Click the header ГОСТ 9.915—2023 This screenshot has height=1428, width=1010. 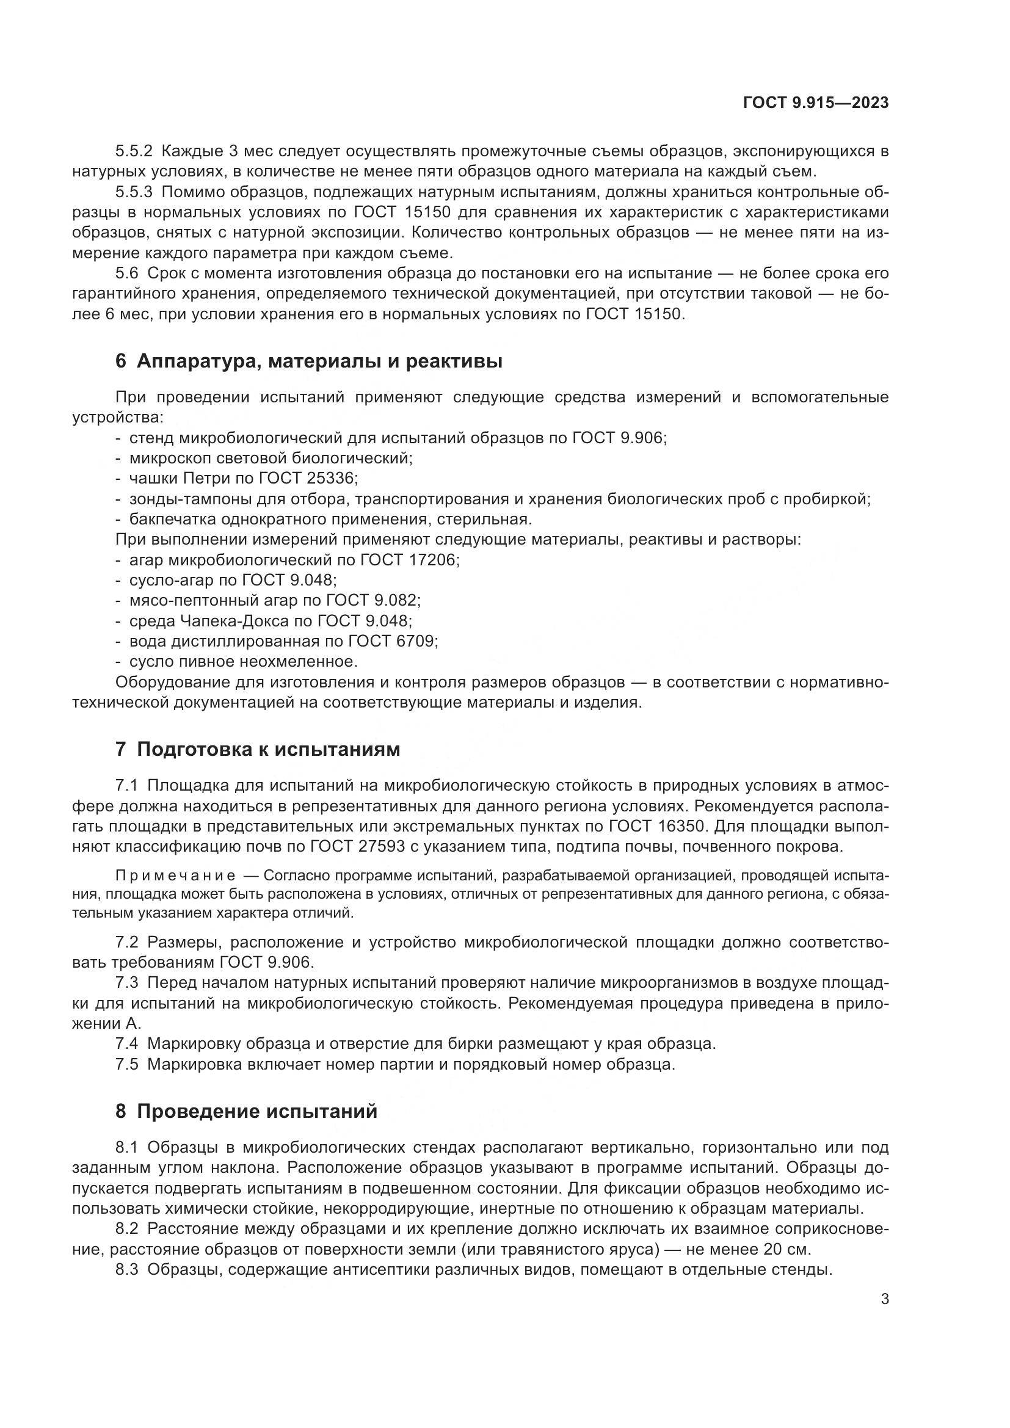pyautogui.click(x=815, y=103)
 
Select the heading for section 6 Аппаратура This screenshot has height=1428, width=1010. pyautogui.click(x=309, y=361)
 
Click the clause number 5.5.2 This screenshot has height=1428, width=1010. pyautogui.click(x=134, y=151)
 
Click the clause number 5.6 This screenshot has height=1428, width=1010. pyautogui.click(x=128, y=273)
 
